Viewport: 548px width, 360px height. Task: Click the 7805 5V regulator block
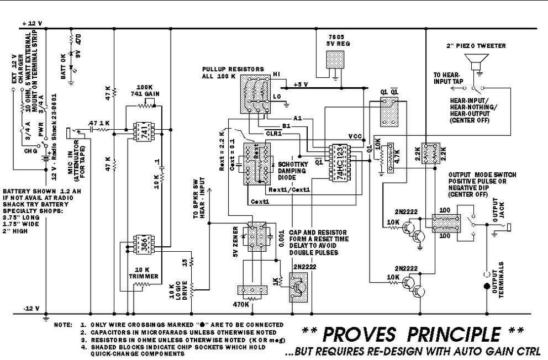[x=333, y=60]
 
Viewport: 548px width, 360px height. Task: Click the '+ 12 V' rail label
[x=32, y=24]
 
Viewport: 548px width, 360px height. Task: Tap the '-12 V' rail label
[x=31, y=309]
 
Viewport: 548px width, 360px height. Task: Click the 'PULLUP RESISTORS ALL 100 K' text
[x=233, y=72]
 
